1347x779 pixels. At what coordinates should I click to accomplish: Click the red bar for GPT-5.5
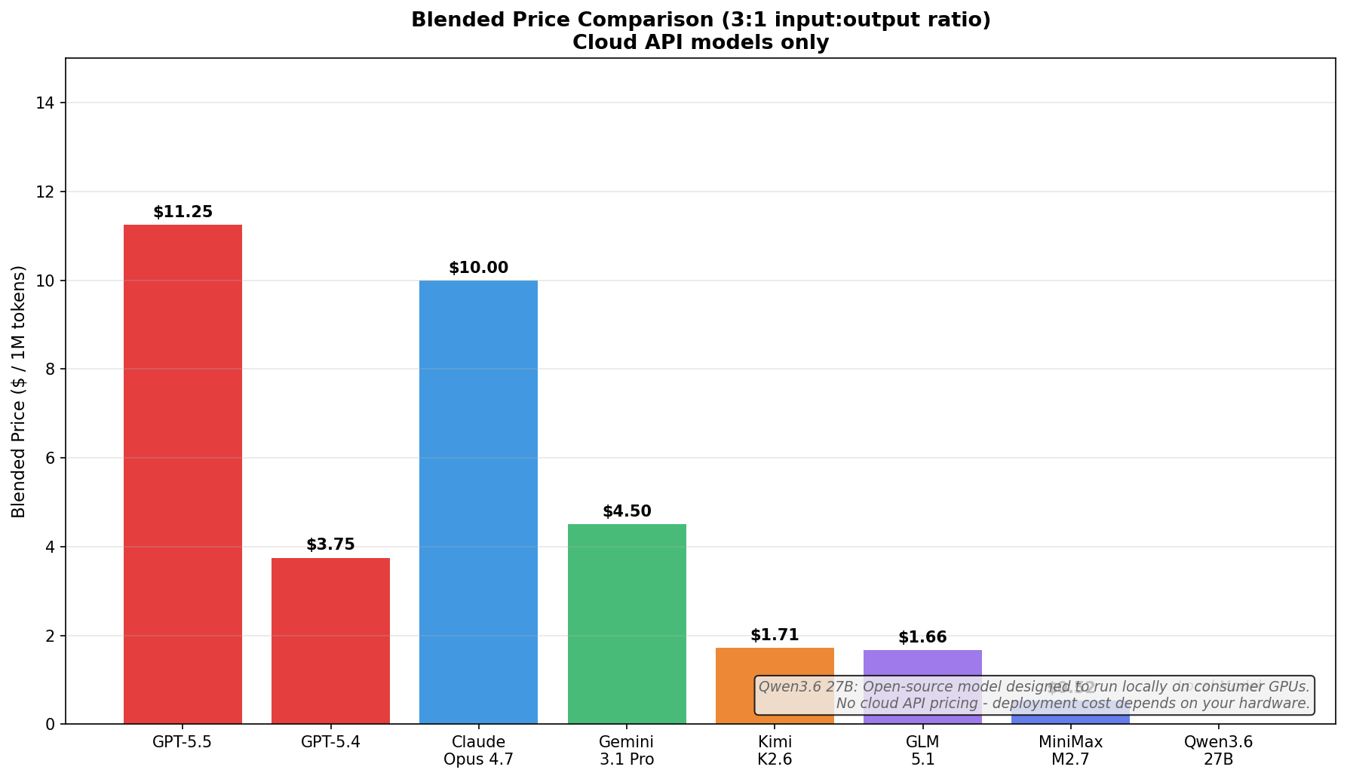[183, 474]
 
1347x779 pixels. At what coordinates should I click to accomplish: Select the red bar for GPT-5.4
[330, 641]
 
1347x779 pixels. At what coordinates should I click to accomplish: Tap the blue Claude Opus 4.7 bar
[478, 502]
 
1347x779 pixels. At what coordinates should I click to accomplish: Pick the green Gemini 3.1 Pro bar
[627, 624]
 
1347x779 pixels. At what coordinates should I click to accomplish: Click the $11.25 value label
[183, 213]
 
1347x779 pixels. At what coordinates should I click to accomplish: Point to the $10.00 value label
[478, 268]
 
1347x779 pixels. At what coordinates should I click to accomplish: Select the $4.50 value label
[627, 512]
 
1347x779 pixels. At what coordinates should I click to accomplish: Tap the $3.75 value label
[330, 545]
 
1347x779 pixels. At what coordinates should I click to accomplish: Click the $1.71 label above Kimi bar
[775, 636]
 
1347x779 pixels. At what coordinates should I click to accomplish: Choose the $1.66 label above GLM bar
[922, 638]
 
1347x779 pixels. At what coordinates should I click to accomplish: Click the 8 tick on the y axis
[51, 370]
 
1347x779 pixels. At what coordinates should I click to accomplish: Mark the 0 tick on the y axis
[51, 725]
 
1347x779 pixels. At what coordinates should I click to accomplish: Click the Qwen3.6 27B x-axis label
[1218, 750]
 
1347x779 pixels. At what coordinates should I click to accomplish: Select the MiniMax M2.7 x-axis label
[1070, 750]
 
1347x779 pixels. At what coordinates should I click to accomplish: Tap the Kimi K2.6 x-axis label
[775, 750]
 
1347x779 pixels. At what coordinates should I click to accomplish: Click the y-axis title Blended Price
[19, 391]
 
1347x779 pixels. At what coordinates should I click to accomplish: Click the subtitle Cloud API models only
[700, 43]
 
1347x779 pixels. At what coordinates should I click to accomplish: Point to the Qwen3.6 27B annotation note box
[1034, 695]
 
